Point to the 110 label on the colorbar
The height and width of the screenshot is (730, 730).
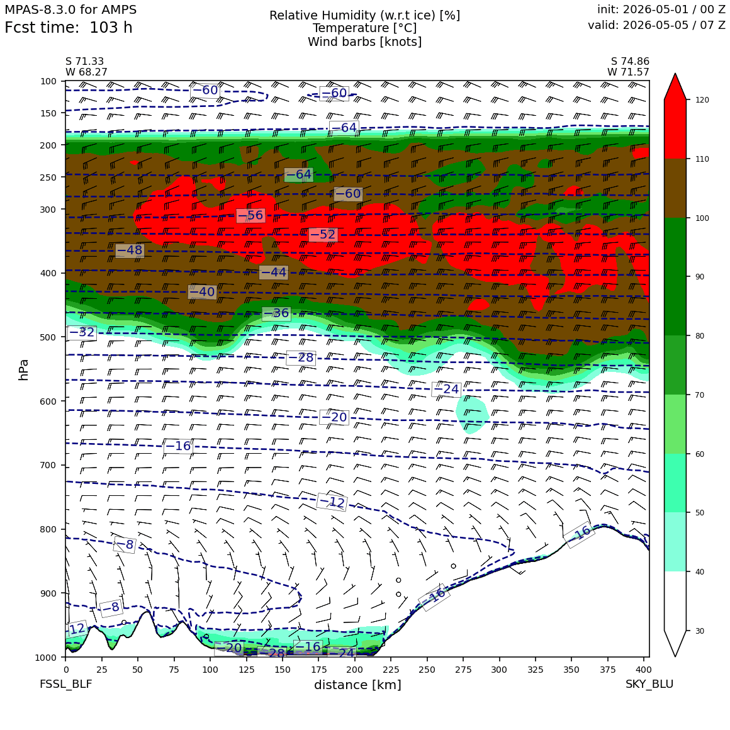[702, 159]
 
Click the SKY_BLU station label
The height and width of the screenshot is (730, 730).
[649, 684]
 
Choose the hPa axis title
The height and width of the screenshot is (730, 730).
[23, 370]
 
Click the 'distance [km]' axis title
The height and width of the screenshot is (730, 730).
[357, 685]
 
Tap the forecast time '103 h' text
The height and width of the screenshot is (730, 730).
[111, 28]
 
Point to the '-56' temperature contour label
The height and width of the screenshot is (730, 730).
[251, 215]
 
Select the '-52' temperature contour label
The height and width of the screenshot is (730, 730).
[323, 234]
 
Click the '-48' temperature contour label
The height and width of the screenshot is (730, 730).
[130, 250]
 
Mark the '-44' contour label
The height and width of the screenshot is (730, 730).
[274, 272]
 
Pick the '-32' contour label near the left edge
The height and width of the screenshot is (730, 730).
[82, 332]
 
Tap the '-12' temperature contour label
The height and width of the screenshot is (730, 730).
[332, 502]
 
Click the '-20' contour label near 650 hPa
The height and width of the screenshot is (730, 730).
[334, 417]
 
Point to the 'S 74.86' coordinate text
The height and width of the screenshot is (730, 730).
[630, 62]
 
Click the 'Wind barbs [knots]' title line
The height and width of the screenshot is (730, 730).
[364, 42]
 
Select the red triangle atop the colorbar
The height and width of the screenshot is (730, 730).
[675, 86]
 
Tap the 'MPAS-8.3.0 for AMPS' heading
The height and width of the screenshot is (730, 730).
[70, 9]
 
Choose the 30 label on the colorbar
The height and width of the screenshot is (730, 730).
[700, 631]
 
